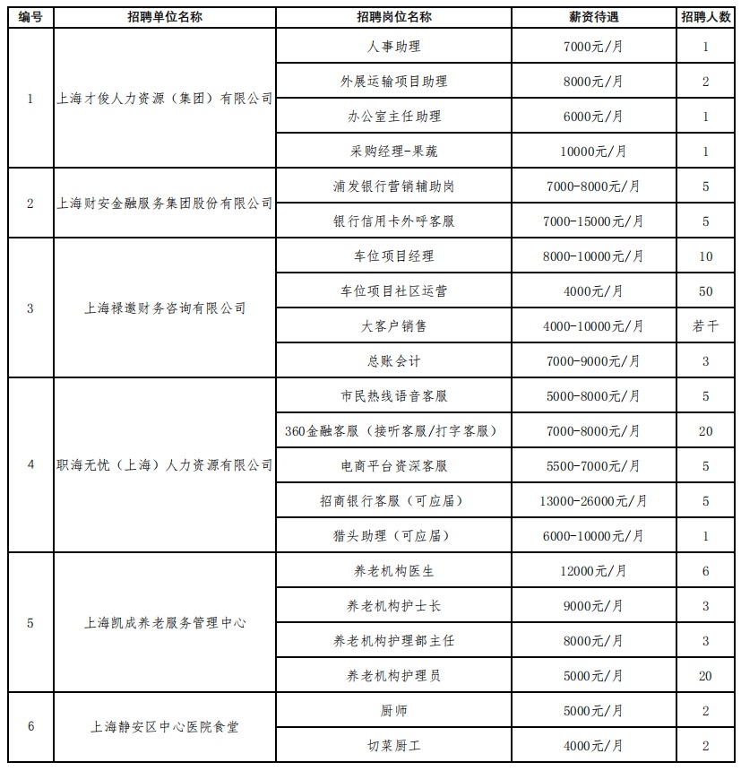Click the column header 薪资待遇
coord(593,17)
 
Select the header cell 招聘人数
coord(705,17)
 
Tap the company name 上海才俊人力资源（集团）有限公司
coord(164,99)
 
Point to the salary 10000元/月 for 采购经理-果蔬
coord(593,152)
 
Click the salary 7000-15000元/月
coord(593,221)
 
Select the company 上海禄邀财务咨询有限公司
coord(164,308)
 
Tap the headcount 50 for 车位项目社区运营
coord(705,291)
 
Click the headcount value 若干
coord(705,326)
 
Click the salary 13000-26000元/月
coord(593,501)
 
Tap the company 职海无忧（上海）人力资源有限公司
coord(164,465)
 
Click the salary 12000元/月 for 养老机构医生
coord(593,571)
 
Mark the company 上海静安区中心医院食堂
coord(164,727)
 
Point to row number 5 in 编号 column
coord(30,623)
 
